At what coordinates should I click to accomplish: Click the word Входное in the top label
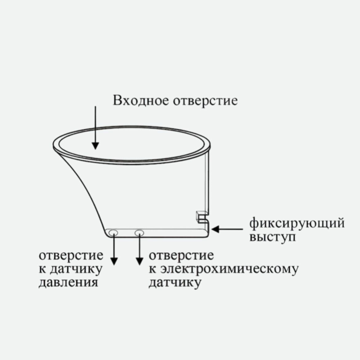[141, 101]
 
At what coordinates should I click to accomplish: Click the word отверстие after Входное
[206, 101]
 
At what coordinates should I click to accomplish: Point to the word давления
[68, 282]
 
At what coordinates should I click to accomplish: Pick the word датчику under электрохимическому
[174, 282]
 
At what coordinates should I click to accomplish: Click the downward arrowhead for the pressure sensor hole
[114, 261]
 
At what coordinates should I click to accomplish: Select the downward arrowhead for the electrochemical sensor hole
[140, 261]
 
